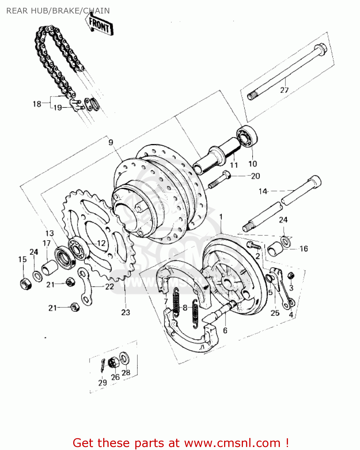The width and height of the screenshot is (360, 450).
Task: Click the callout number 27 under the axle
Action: (x=284, y=90)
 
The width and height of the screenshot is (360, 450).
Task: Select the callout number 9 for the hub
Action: (x=111, y=142)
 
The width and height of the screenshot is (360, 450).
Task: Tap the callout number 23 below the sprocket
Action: (x=126, y=312)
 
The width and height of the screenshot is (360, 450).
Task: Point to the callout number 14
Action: (x=263, y=191)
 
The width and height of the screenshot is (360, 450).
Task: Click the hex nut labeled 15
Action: (x=25, y=283)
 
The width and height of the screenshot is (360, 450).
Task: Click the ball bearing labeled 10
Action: (x=247, y=137)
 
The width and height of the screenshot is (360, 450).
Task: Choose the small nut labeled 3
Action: (x=290, y=275)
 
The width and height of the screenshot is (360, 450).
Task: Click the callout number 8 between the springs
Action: (x=185, y=307)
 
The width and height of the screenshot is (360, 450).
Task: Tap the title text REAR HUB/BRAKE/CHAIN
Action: (x=58, y=11)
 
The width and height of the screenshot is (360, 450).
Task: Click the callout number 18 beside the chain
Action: (x=37, y=104)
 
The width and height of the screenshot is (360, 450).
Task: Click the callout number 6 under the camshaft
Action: (x=225, y=330)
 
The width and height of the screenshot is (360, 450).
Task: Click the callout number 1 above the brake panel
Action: (x=221, y=217)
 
